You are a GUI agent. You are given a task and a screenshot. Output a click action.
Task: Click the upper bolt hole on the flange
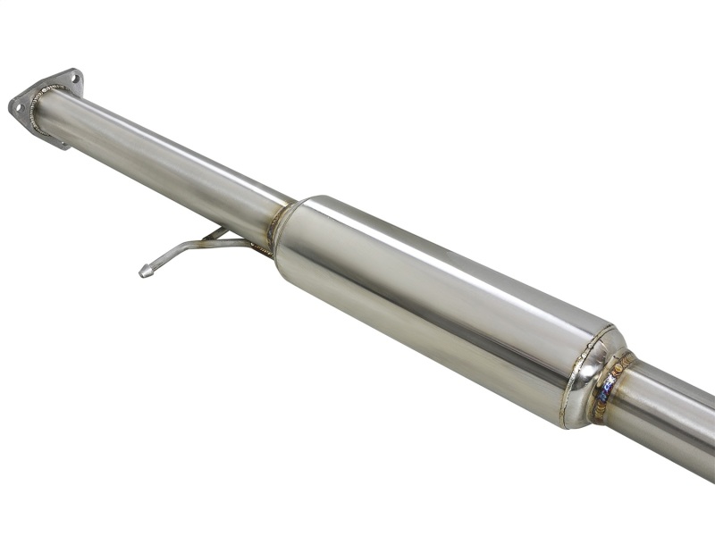(71, 78)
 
